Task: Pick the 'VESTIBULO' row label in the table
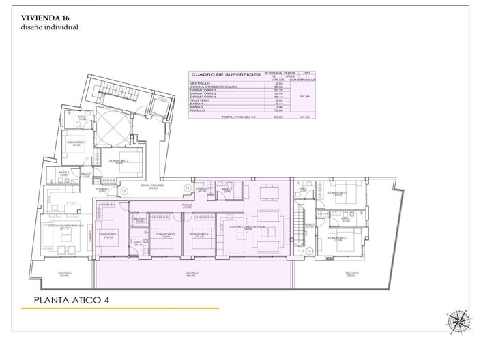click(200, 82)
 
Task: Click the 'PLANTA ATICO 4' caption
click(72, 299)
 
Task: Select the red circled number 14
click(308, 250)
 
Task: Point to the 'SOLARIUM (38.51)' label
click(351, 274)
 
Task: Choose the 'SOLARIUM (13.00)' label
click(63, 275)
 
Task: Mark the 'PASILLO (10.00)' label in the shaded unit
click(186, 205)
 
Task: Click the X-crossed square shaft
click(109, 127)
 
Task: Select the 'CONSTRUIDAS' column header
click(302, 78)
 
